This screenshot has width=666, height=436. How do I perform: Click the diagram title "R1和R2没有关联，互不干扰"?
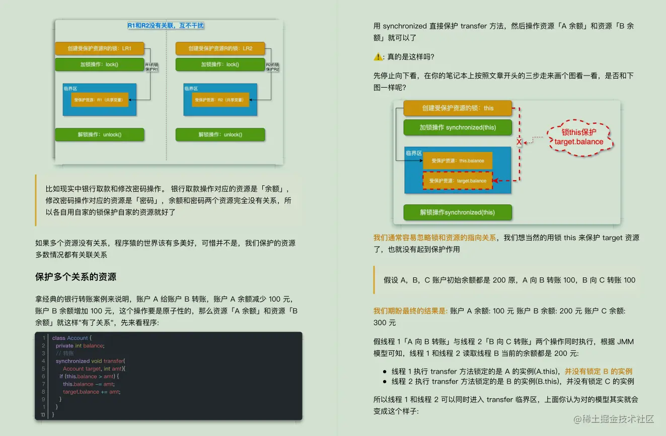(166, 25)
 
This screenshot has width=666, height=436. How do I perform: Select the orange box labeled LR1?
(100, 48)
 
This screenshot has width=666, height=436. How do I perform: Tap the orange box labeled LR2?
(220, 48)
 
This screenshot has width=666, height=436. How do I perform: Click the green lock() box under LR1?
(100, 64)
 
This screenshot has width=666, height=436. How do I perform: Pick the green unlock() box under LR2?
(220, 134)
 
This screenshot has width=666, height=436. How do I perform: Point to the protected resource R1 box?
(100, 100)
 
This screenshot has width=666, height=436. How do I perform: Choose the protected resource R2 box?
(220, 100)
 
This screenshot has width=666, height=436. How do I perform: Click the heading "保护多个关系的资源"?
(76, 277)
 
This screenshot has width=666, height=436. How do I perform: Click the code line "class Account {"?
(72, 338)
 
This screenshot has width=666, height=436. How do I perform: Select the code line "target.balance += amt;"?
(92, 392)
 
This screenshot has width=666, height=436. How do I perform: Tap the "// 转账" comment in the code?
(64, 353)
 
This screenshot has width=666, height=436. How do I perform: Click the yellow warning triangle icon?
(378, 57)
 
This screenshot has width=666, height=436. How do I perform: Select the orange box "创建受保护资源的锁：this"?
(458, 108)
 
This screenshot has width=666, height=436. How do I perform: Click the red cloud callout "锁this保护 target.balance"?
(579, 137)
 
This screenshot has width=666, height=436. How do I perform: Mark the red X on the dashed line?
(519, 142)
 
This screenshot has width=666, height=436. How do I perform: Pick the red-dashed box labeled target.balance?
(458, 180)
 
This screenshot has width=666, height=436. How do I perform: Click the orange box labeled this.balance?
(458, 161)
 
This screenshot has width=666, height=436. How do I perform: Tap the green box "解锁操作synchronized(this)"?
(458, 212)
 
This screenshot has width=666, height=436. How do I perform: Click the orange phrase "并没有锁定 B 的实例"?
(599, 371)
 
